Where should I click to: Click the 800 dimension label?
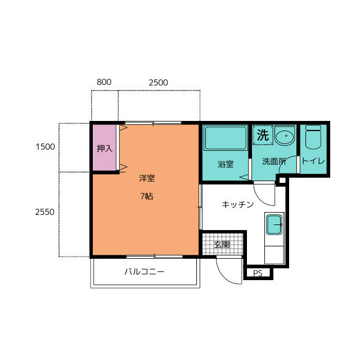104,82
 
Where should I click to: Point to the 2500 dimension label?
158,83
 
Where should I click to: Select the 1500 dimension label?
45,147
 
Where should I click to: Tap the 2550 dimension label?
45,212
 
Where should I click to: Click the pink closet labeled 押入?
104,147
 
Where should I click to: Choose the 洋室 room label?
147,178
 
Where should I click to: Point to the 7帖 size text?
147,196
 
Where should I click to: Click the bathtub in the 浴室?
226,137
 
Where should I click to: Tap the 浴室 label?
226,164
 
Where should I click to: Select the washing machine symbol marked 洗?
263,135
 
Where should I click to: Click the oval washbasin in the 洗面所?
285,137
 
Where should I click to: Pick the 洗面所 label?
274,161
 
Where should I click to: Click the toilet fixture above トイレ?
313,137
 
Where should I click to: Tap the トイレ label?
313,161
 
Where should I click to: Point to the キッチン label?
237,204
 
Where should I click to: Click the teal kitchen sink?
274,225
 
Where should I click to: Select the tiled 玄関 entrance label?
222,245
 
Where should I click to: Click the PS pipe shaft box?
258,273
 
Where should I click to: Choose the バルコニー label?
145,272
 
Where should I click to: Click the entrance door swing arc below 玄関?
224,276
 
